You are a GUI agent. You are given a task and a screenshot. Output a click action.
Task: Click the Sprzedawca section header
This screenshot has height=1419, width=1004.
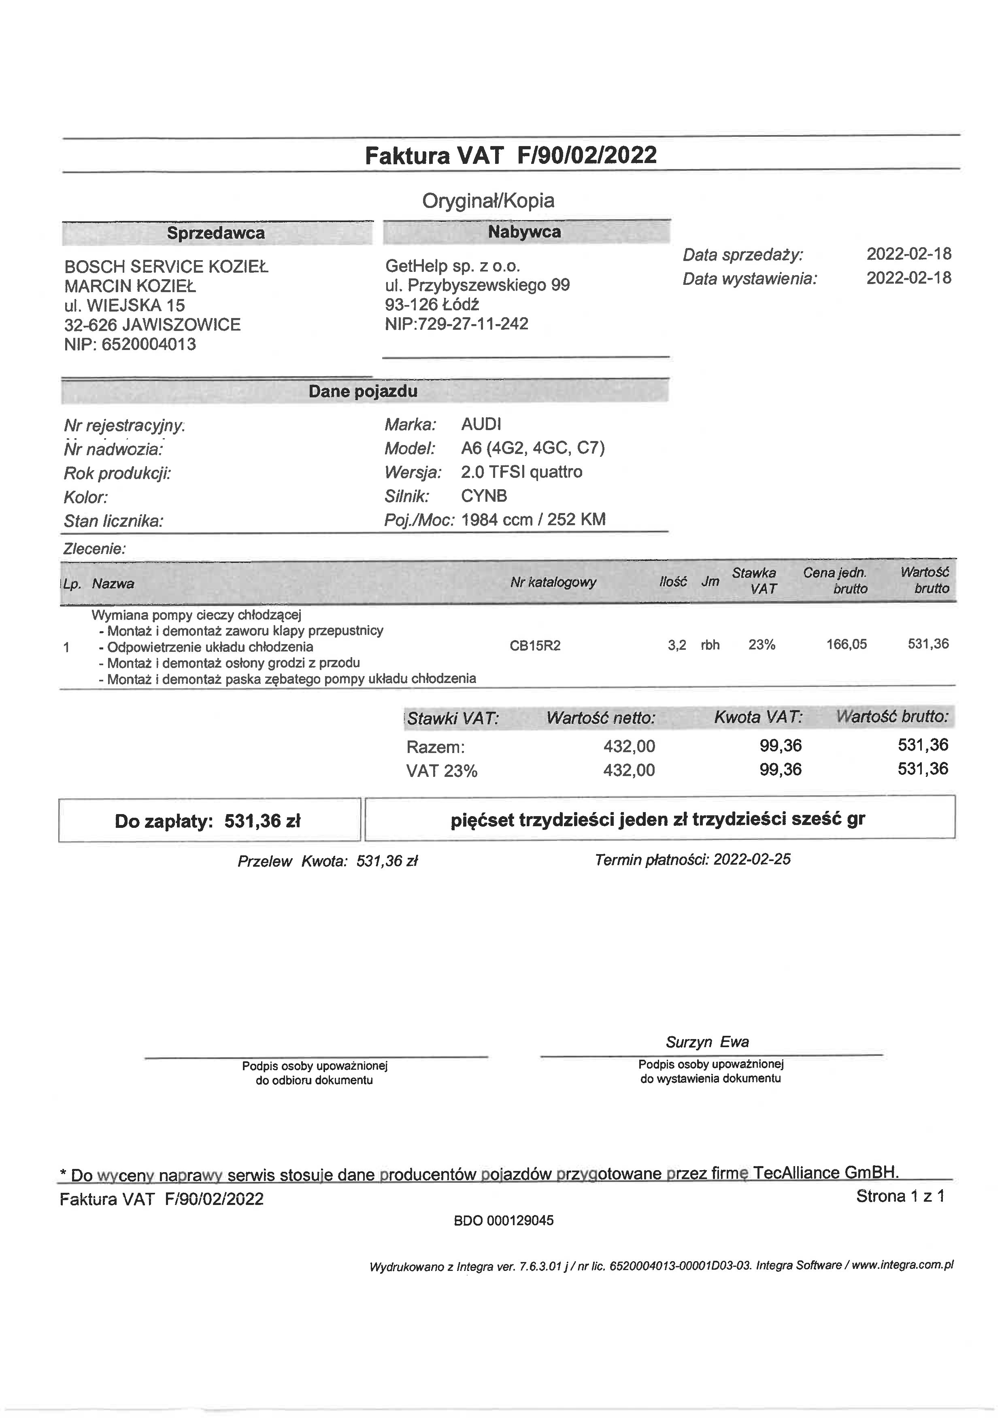216,233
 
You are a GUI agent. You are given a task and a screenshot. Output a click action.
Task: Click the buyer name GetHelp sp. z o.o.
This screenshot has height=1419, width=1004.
453,266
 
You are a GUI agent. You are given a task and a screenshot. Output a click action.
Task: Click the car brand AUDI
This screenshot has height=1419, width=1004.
481,424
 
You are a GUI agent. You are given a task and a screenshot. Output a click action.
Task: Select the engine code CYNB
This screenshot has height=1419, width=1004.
484,496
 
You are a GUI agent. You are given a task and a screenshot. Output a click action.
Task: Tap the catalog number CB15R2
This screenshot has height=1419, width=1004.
535,646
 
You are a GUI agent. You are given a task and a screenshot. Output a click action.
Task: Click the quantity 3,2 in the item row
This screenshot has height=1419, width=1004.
677,646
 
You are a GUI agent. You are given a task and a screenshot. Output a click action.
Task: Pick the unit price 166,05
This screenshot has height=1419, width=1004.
847,645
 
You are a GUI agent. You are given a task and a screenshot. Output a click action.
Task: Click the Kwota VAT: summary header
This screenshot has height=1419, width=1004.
758,717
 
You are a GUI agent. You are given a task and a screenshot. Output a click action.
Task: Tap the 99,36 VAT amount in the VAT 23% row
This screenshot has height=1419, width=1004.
780,770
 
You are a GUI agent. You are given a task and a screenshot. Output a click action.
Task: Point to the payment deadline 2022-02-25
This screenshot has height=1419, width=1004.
752,859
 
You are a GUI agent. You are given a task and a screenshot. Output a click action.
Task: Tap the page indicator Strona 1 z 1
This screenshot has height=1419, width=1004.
900,1196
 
